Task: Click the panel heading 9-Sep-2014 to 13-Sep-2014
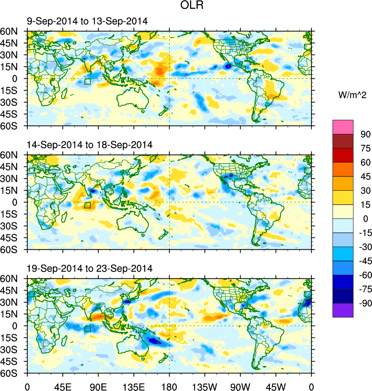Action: tap(87, 22)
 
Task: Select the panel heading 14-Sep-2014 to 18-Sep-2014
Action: tap(90, 145)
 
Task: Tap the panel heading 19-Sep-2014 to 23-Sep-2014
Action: tap(90, 268)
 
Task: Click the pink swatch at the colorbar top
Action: tap(343, 127)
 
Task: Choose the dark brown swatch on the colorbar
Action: tap(343, 141)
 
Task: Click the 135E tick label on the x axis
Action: tap(134, 386)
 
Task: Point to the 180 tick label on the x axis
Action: tap(169, 386)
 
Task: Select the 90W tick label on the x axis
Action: tap(240, 386)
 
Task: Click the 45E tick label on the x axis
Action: tap(63, 386)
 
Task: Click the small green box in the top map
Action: tap(87, 81)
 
